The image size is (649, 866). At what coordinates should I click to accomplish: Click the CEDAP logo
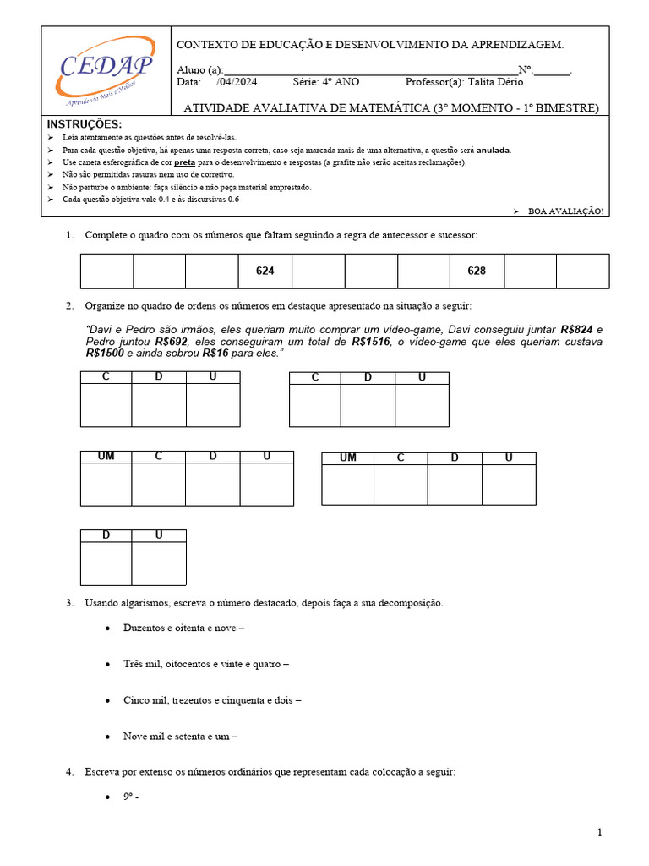pos(106,68)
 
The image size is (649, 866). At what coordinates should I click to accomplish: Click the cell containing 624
pos(265,271)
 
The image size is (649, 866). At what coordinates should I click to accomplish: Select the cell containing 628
pos(477,271)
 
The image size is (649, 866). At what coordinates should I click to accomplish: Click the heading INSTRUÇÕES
pos(85,124)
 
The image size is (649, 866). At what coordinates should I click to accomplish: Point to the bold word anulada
pos(493,150)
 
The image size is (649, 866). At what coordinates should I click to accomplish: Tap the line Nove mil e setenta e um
pos(179,737)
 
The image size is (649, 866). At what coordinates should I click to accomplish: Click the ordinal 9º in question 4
pos(130,797)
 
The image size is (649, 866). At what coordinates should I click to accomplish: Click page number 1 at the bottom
pos(600,833)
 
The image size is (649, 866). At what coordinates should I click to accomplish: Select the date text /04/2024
pos(237,82)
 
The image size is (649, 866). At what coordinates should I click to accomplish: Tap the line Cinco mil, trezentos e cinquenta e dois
pos(211,700)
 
